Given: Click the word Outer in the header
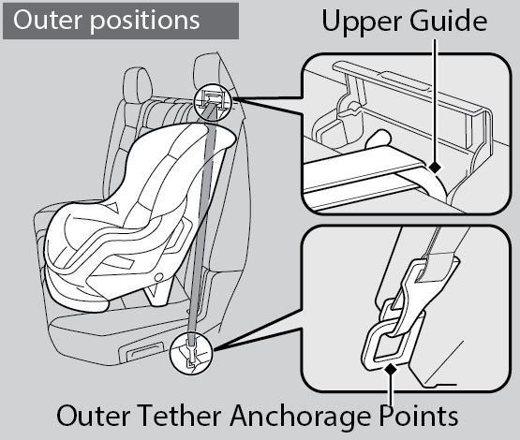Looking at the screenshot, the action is [x=48, y=20].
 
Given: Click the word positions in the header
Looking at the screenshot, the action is [x=145, y=22].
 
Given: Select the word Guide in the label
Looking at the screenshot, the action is [x=449, y=21].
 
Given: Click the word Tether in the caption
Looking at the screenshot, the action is [x=179, y=415].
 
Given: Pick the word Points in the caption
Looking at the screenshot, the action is [x=419, y=415].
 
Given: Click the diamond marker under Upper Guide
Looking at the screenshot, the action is [x=435, y=167].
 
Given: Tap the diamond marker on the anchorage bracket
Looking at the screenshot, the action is [x=392, y=369].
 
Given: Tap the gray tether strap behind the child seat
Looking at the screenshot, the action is [x=202, y=215].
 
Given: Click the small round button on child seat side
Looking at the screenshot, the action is [x=159, y=277].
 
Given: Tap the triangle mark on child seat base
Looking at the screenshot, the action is [x=153, y=291].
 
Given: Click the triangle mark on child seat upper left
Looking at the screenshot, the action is [x=113, y=207].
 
